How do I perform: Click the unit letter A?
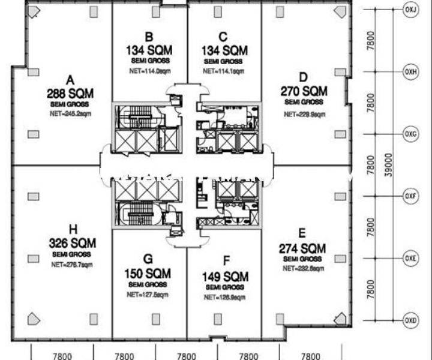(70, 80)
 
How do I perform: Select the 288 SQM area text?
(70, 93)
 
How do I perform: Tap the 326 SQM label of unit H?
(72, 244)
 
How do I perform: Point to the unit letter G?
(148, 259)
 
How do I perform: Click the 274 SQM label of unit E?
(302, 248)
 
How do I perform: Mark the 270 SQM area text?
(304, 91)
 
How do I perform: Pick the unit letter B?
(149, 37)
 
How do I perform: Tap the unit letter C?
(223, 37)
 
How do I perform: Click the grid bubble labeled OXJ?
(411, 10)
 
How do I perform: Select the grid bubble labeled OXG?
(411, 133)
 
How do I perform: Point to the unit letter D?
(304, 77)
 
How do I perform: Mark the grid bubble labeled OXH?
(411, 71)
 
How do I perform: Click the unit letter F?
(226, 261)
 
